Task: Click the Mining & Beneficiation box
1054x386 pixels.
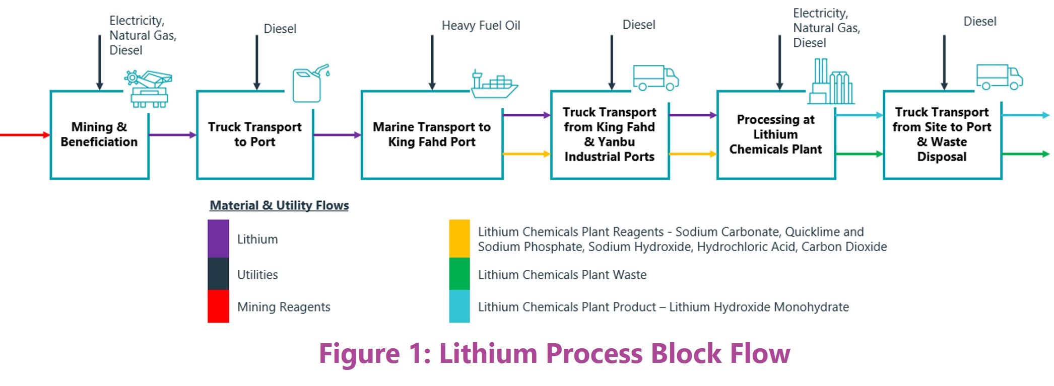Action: point(99,135)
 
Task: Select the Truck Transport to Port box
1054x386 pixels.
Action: point(255,135)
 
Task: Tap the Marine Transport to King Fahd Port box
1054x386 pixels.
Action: point(432,135)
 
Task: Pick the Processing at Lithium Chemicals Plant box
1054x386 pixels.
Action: point(776,135)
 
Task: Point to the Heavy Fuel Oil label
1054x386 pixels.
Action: point(481,26)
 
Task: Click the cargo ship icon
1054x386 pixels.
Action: point(494,84)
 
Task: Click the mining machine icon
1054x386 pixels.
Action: point(149,89)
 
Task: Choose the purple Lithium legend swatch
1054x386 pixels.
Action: point(218,239)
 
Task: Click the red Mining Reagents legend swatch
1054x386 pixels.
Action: point(218,306)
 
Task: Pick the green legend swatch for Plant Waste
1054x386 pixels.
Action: point(459,274)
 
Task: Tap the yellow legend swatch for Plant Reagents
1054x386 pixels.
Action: point(459,239)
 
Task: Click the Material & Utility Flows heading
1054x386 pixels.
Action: point(279,205)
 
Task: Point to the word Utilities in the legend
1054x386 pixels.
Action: point(257,275)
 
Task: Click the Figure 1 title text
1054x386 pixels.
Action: point(554,353)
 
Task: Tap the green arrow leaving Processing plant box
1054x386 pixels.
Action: point(859,154)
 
